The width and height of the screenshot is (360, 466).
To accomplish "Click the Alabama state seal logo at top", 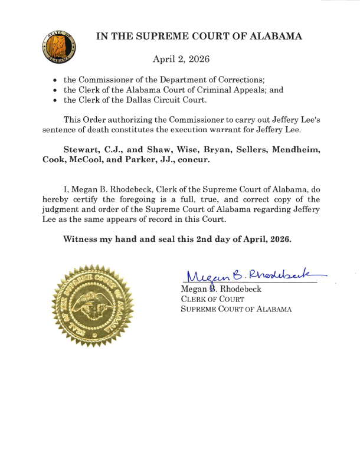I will (x=60, y=48).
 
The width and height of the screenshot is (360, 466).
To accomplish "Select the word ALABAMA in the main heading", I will (x=276, y=36).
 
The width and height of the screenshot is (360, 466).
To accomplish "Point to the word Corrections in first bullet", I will (x=240, y=80).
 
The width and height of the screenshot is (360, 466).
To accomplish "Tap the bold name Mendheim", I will (x=293, y=150).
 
